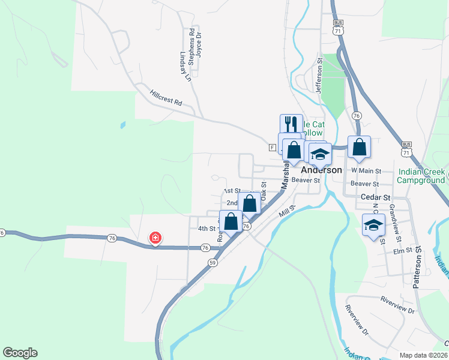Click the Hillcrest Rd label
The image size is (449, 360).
(x=166, y=98)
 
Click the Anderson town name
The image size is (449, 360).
(x=321, y=170)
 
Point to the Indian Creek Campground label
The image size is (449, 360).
(x=423, y=175)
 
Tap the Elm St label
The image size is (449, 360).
(x=400, y=250)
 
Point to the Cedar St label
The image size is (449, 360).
(x=376, y=197)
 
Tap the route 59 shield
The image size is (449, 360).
(x=212, y=262)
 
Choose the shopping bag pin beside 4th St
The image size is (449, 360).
(x=231, y=221)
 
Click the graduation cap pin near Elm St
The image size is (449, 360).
(x=373, y=225)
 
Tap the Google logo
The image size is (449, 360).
(x=20, y=353)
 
